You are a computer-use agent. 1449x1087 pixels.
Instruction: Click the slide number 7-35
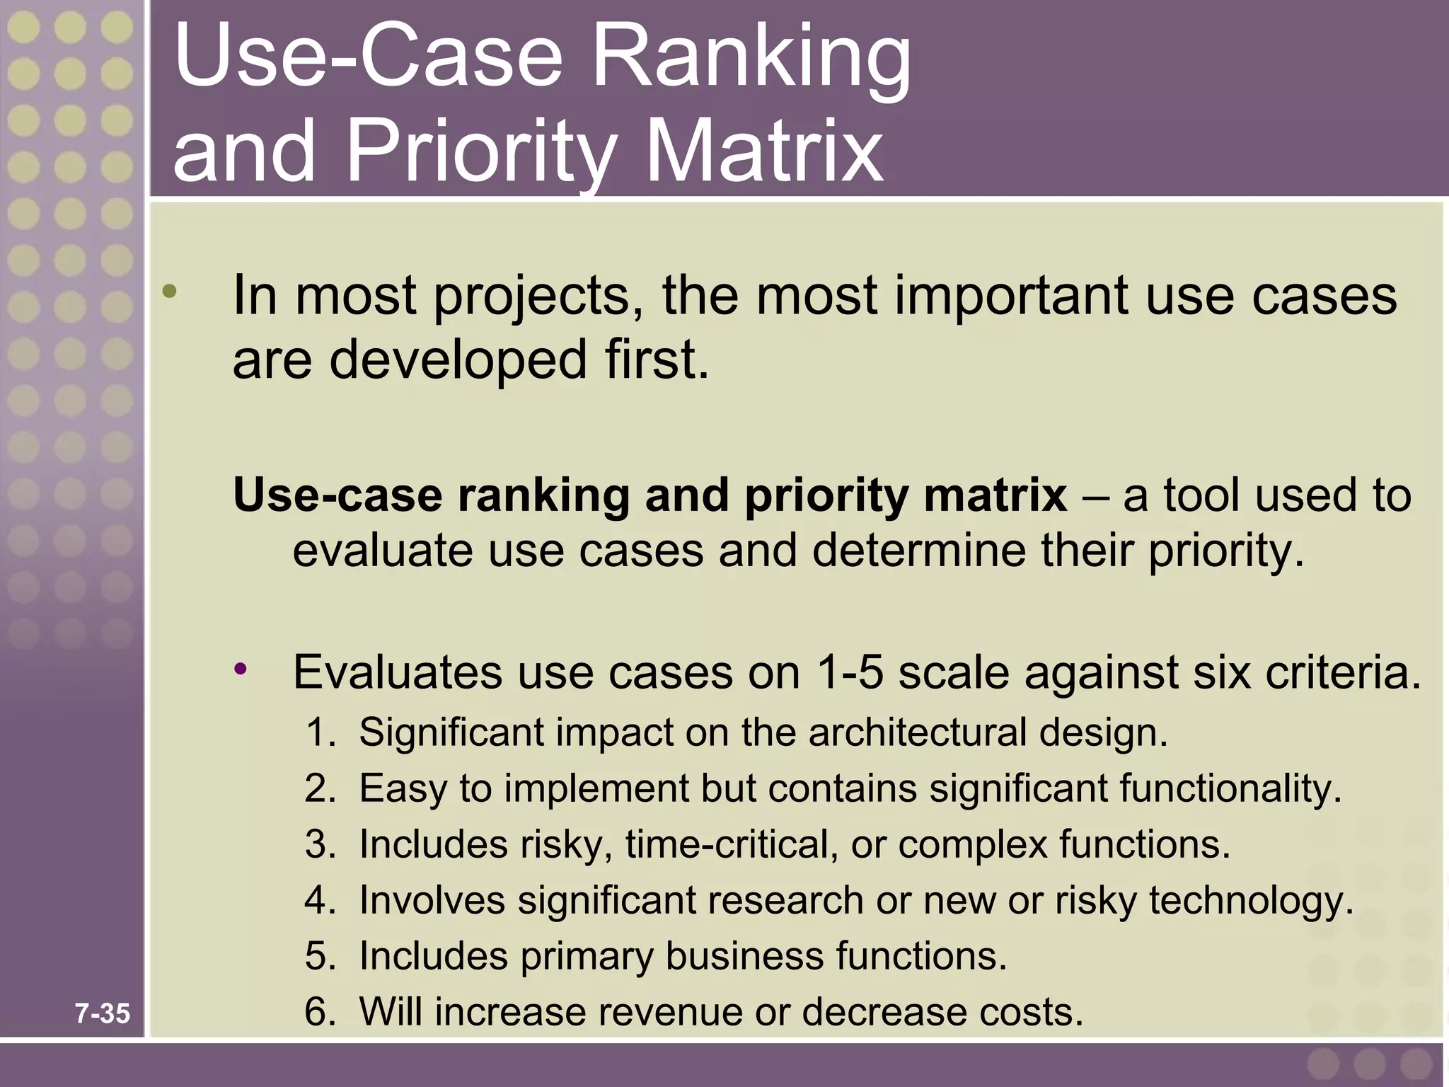pyautogui.click(x=103, y=1013)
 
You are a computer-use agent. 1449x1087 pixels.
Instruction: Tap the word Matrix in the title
pyautogui.click(x=764, y=152)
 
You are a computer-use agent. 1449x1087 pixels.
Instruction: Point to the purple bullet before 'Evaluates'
pyautogui.click(x=241, y=668)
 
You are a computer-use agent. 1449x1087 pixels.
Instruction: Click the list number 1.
pyautogui.click(x=319, y=732)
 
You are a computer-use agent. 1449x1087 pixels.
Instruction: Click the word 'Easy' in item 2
pyautogui.click(x=403, y=788)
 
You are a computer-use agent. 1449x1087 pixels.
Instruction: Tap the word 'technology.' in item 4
pyautogui.click(x=1251, y=900)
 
